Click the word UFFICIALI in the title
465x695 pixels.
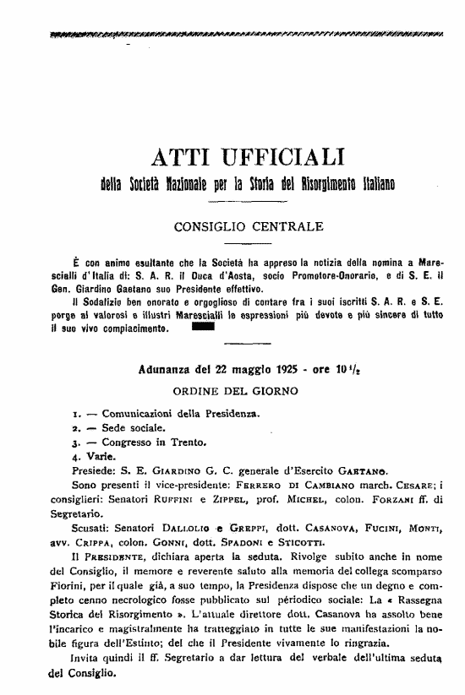click(x=278, y=156)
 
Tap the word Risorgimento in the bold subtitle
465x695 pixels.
click(x=319, y=183)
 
